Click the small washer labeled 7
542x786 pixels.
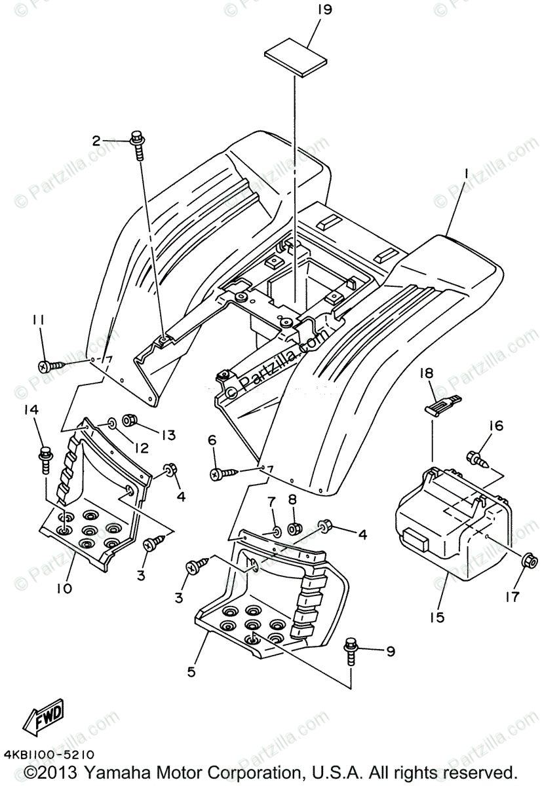click(276, 531)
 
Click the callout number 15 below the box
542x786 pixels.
click(436, 617)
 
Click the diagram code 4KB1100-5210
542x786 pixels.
click(48, 755)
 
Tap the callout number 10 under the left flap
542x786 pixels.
click(64, 588)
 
